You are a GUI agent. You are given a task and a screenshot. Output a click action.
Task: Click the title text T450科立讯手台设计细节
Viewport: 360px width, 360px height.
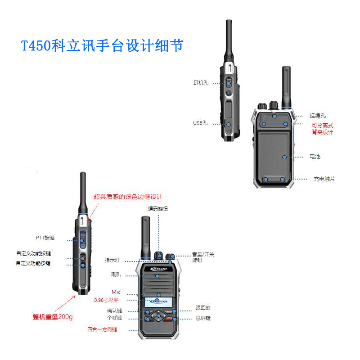pos(103,46)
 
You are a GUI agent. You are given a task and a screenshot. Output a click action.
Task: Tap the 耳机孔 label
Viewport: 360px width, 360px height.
pos(201,83)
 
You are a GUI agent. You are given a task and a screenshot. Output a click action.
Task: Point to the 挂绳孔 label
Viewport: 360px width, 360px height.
pos(317,116)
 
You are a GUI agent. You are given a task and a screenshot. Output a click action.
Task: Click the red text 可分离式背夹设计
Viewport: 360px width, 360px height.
pos(323,129)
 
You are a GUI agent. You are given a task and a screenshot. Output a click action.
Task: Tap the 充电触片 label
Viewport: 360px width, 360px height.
pos(324,179)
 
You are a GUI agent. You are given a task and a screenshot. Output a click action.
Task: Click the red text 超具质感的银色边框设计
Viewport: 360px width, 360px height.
pos(128,197)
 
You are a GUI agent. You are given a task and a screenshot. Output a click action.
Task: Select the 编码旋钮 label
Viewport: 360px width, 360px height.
pos(159,209)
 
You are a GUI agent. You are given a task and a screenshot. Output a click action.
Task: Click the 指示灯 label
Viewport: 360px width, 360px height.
pos(112,260)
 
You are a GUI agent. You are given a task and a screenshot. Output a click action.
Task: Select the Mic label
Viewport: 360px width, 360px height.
pos(116,292)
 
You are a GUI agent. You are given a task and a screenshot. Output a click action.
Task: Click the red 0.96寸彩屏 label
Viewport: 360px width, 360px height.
pos(106,300)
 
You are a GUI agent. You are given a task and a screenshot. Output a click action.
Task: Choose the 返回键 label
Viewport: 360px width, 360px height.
pos(203,308)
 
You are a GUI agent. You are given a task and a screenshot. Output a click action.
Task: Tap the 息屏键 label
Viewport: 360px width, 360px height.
pos(203,318)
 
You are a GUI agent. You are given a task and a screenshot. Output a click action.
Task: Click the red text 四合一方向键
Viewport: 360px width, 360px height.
pos(102,329)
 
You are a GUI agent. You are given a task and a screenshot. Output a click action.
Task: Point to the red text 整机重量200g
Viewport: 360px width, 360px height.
pos(53,317)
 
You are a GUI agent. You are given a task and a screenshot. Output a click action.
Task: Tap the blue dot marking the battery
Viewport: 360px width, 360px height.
pos(284,157)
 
